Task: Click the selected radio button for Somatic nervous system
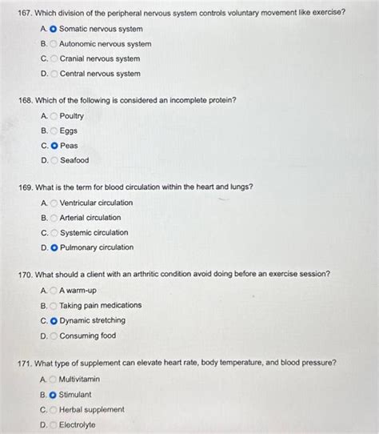point(54,29)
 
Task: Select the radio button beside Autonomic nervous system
point(54,44)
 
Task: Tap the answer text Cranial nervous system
point(100,58)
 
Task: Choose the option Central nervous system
point(100,74)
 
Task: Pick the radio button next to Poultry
point(54,116)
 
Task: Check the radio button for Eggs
point(54,131)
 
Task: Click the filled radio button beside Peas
point(54,146)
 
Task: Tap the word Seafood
point(74,160)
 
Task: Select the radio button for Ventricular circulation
point(54,203)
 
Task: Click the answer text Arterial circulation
point(90,218)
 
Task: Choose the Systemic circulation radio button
point(54,233)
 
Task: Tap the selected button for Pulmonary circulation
point(54,247)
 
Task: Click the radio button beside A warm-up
point(54,291)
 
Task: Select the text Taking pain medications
point(100,305)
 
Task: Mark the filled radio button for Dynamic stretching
point(54,320)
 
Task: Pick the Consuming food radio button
point(54,336)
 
